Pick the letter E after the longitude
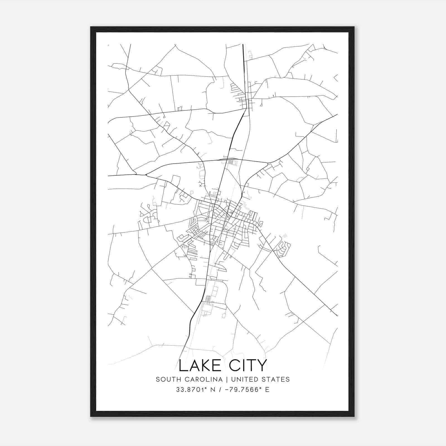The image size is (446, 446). [x=267, y=390]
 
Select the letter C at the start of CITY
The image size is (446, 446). [x=232, y=365]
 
